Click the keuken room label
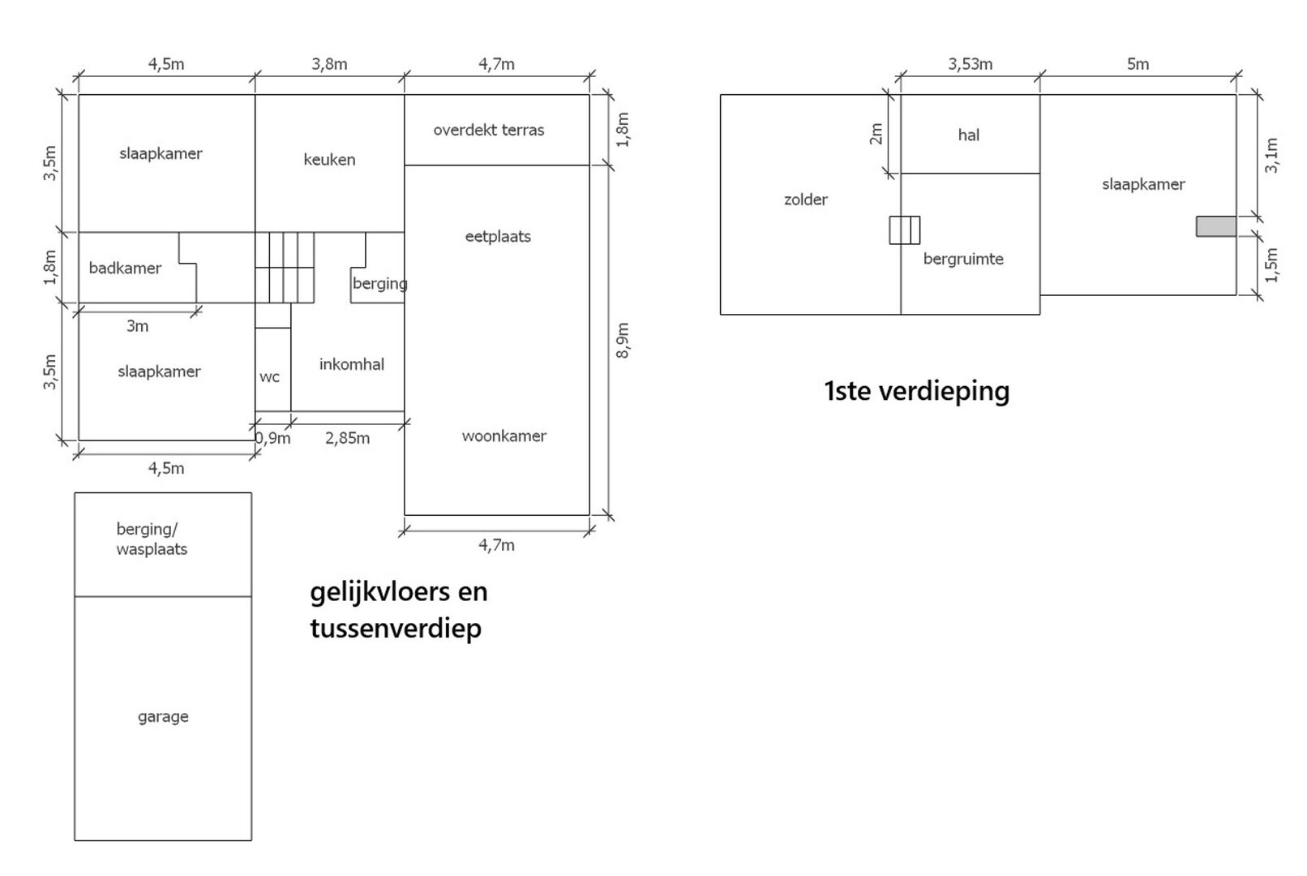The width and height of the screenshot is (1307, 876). tap(329, 160)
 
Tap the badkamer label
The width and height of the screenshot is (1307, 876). tap(125, 268)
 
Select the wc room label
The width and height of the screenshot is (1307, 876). tap(269, 377)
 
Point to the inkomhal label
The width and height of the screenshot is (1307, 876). tap(351, 365)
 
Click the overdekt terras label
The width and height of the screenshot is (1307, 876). tap(488, 130)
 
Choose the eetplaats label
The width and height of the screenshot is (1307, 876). tap(497, 237)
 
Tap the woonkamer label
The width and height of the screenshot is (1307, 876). tap(504, 436)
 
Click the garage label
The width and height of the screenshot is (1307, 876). tap(163, 717)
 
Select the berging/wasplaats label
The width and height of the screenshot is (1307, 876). tap(152, 539)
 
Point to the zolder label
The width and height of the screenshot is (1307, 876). tap(805, 200)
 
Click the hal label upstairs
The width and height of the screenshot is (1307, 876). tap(968, 135)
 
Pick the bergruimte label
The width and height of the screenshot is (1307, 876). tap(963, 260)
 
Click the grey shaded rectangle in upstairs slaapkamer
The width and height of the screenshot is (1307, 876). tap(1215, 226)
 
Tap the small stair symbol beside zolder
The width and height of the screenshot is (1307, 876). tap(904, 230)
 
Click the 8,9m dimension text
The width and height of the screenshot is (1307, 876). tap(623, 340)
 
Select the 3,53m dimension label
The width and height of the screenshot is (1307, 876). tap(970, 64)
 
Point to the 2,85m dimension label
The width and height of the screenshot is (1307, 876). tap(347, 439)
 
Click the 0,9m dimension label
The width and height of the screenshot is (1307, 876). tap(273, 439)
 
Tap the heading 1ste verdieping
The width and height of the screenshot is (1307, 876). tap(916, 392)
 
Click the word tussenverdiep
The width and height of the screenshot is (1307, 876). tap(396, 629)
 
